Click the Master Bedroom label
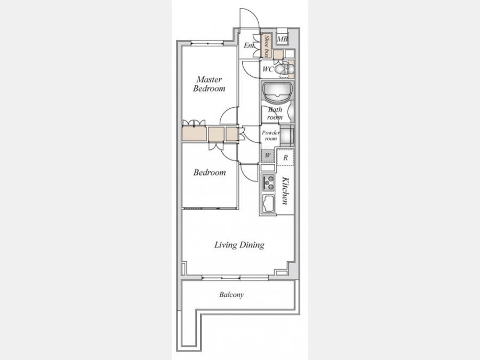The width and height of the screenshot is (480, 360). (210, 84)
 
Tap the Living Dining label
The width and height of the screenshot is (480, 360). (239, 245)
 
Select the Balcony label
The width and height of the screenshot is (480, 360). (231, 295)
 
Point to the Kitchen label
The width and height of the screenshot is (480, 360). (285, 190)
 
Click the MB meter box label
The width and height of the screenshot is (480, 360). (282, 39)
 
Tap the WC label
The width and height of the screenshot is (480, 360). (268, 69)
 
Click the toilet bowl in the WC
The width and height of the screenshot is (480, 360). (281, 69)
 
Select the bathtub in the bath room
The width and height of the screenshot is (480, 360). (277, 92)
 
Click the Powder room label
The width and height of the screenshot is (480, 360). (270, 135)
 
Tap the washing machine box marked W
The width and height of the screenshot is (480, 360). (268, 155)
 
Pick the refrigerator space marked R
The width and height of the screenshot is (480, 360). (285, 157)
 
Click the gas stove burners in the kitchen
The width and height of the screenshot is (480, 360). (268, 182)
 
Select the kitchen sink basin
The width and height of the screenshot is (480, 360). (268, 203)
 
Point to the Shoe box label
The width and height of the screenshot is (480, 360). (267, 46)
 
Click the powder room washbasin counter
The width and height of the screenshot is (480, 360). (287, 135)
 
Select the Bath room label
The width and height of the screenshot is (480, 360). (275, 113)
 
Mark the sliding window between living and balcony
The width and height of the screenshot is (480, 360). (235, 278)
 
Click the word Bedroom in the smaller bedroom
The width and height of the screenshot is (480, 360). (210, 172)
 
